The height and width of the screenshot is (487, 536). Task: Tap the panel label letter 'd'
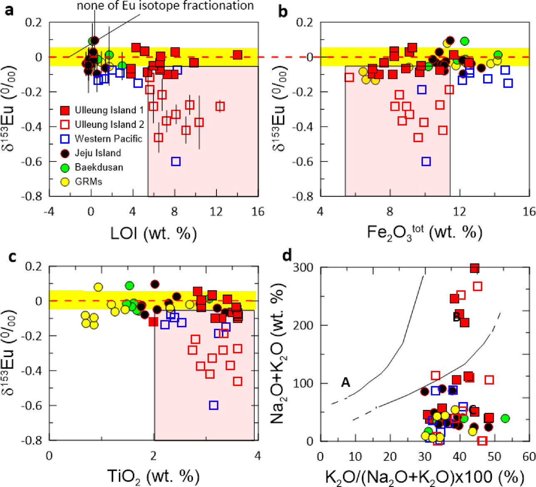click(x=287, y=255)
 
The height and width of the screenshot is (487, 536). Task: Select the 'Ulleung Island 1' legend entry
click(x=109, y=110)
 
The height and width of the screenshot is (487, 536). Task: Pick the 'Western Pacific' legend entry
click(x=108, y=139)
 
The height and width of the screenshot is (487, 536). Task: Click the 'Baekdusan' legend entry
click(x=99, y=167)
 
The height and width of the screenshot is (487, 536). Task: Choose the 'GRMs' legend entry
click(x=88, y=181)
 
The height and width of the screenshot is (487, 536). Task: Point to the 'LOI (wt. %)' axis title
click(x=153, y=234)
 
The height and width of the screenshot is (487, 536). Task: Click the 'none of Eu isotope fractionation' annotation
click(x=165, y=6)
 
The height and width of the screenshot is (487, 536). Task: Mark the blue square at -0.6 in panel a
click(x=176, y=162)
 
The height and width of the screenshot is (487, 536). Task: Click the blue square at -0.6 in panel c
click(x=213, y=405)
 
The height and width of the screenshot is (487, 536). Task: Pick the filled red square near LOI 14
click(x=237, y=55)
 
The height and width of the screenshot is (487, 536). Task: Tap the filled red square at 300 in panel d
click(x=474, y=268)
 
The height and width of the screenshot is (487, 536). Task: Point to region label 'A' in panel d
click(x=345, y=382)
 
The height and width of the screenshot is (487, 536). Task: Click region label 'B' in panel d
click(x=457, y=317)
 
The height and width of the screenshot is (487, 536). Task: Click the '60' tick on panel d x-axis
click(x=529, y=457)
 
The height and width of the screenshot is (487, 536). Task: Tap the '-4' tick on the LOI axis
click(x=49, y=211)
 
